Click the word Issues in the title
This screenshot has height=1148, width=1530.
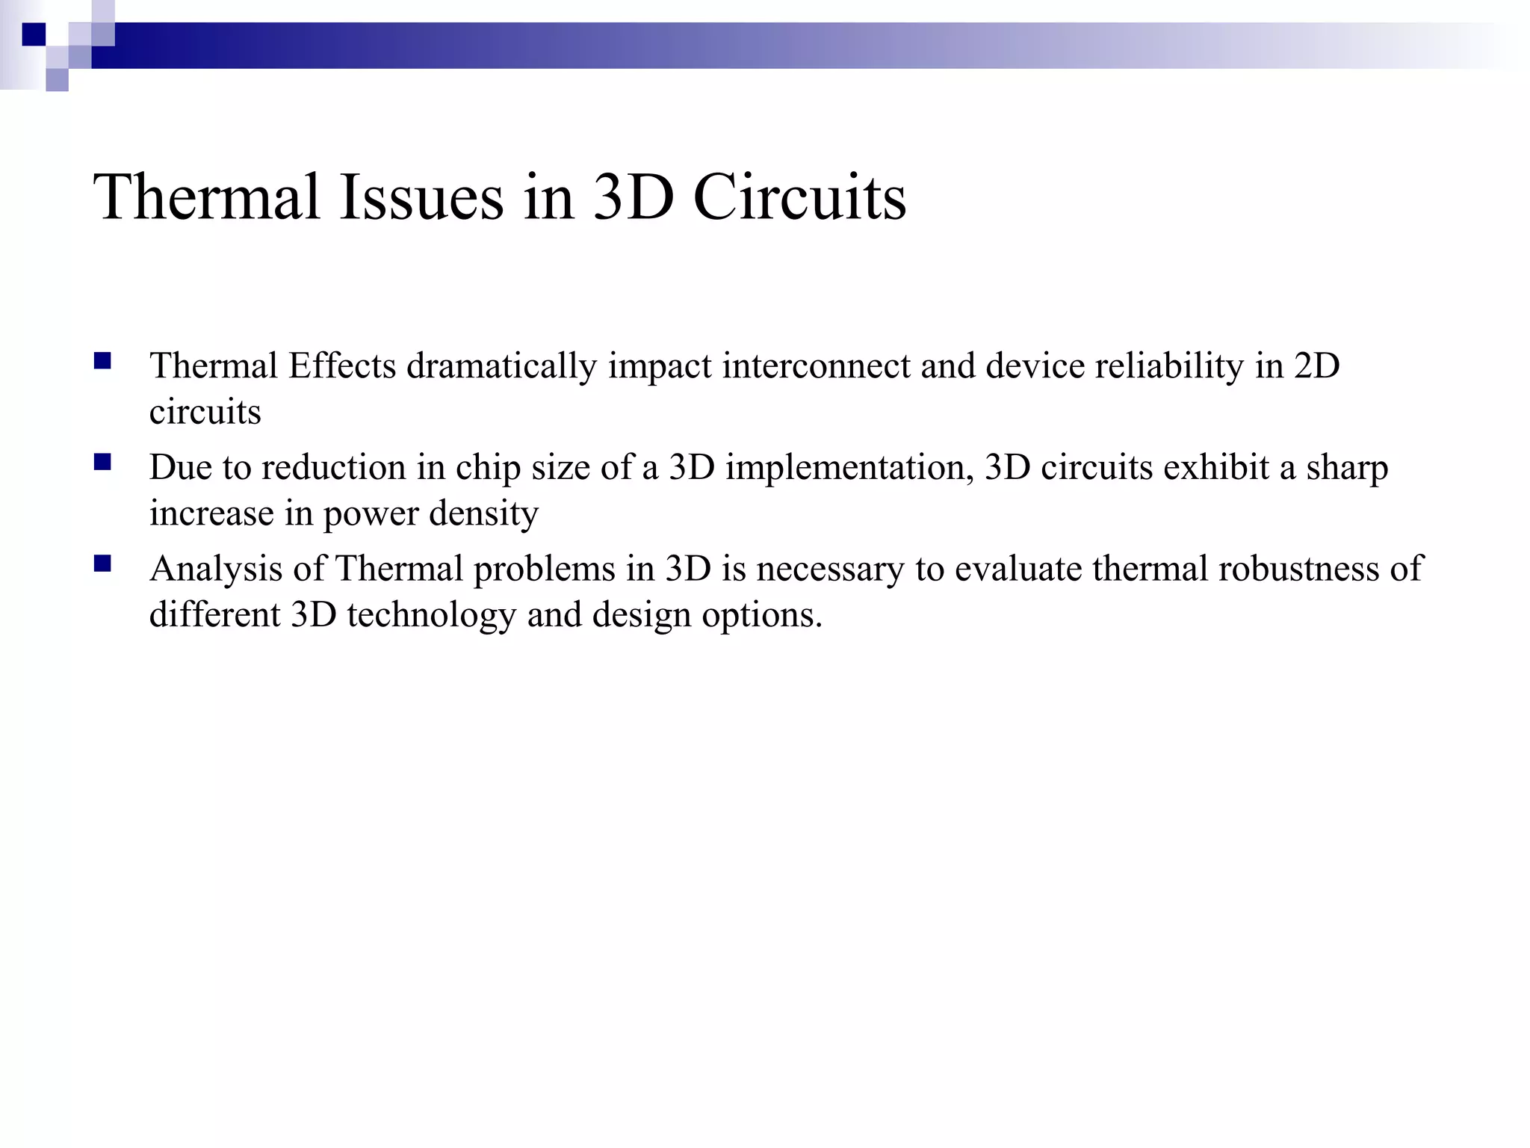[x=421, y=197]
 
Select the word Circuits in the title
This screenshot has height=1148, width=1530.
[x=799, y=197]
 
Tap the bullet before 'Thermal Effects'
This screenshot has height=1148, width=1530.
[x=102, y=362]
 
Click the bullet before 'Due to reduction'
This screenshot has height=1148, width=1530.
[x=102, y=463]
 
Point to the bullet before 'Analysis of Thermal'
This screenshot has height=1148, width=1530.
[x=102, y=564]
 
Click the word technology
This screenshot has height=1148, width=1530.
[x=431, y=615]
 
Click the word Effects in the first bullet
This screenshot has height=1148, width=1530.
[x=342, y=366]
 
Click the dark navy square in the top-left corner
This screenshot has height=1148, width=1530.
[x=34, y=34]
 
